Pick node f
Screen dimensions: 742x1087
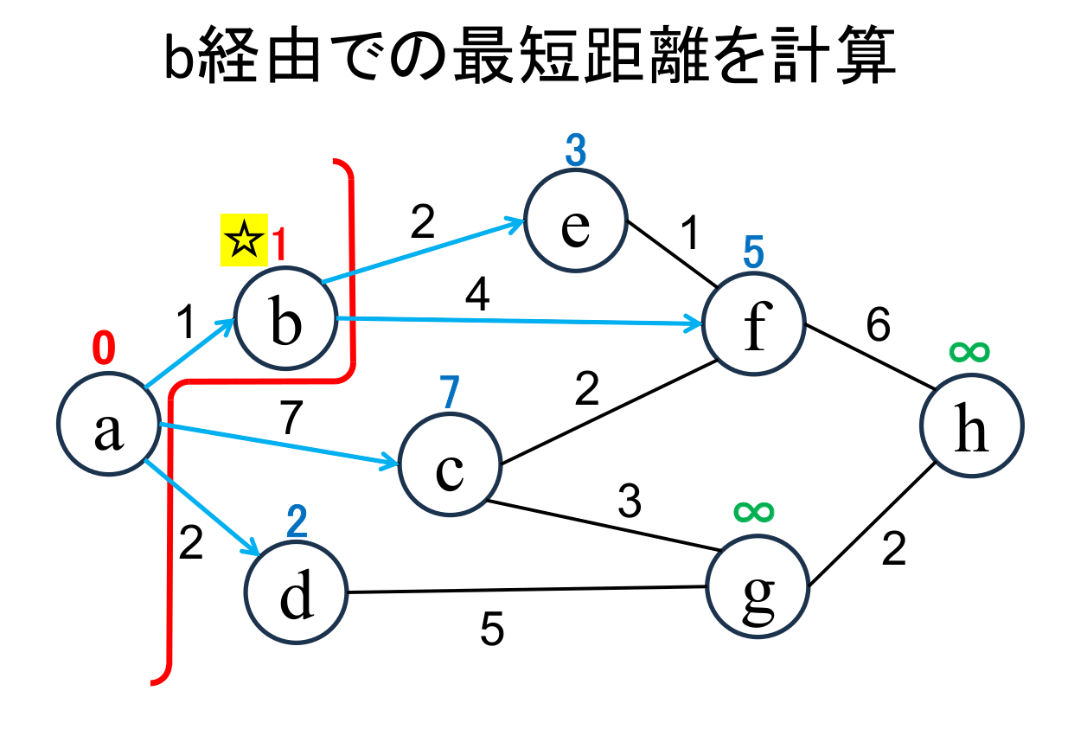755,324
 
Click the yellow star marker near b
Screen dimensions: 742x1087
244,240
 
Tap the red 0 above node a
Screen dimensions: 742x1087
103,349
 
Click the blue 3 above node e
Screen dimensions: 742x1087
576,152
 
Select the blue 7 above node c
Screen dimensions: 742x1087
447,394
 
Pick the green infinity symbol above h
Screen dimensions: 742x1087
969,351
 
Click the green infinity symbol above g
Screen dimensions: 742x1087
755,511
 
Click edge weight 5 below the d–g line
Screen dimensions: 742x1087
492,630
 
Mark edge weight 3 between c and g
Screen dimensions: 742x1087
629,502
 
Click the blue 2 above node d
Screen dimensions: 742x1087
297,521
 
